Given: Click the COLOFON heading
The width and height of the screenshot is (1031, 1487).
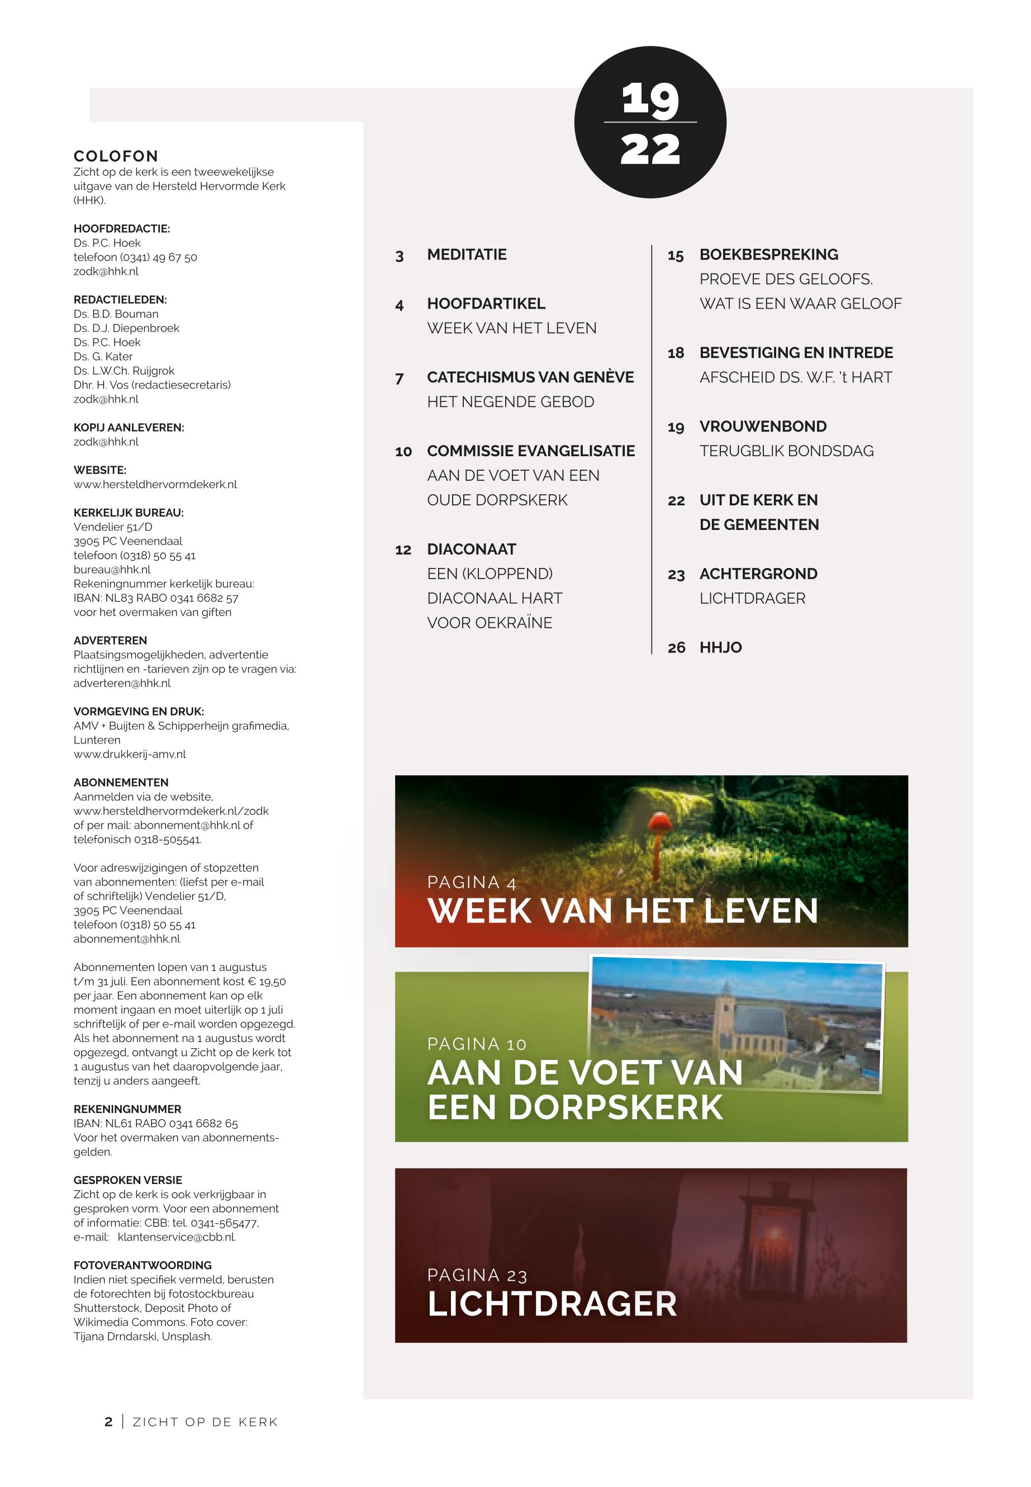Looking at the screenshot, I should tap(116, 157).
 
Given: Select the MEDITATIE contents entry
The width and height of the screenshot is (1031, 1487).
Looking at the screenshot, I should tap(467, 254).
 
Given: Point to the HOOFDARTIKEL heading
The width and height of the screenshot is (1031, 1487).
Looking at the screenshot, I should tap(486, 304).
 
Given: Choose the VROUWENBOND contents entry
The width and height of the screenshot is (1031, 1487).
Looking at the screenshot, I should tap(762, 427).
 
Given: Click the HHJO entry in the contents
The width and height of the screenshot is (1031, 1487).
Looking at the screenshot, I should tap(720, 647).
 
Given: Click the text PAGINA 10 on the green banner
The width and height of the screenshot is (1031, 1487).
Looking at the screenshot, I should tap(477, 1044).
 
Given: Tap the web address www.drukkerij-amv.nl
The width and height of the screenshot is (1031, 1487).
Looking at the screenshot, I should tap(129, 754).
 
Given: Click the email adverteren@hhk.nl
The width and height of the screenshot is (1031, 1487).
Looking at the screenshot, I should tap(122, 683).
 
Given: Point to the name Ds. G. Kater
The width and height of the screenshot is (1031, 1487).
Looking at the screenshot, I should tap(103, 357).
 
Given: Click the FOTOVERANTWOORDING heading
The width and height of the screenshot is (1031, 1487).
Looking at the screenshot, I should tap(142, 1265).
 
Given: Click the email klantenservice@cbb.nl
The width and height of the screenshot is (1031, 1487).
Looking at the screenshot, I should tap(177, 1237).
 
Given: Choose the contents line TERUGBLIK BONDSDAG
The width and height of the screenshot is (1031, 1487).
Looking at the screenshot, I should tap(786, 451).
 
